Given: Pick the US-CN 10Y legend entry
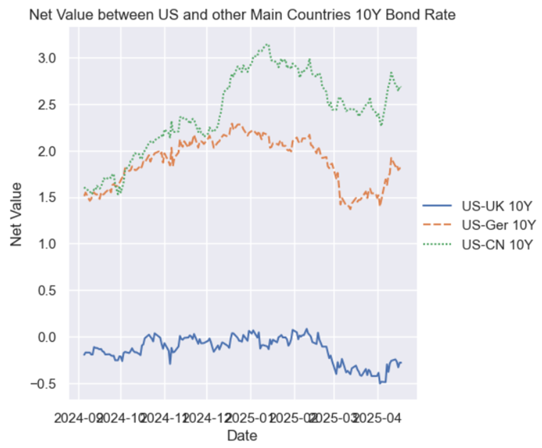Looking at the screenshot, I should [x=497, y=244].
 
